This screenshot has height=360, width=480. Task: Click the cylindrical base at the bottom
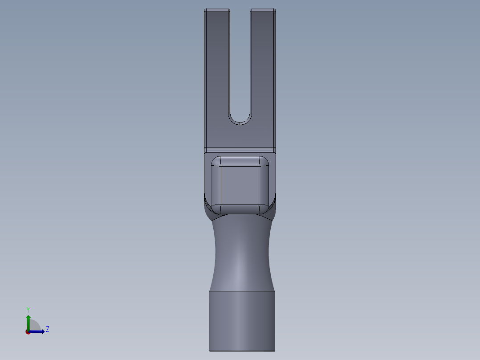coord(242,321)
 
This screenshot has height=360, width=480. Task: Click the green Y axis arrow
coord(28,320)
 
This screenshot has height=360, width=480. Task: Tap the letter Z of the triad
coord(47,329)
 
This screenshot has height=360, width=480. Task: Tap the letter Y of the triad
coord(28,309)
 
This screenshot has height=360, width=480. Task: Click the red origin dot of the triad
coord(28,332)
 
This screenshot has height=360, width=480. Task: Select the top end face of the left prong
coord(217,10)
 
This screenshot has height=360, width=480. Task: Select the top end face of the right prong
coord(263,10)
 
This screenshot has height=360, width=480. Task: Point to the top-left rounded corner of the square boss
coord(216,161)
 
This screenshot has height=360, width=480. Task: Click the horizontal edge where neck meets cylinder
coord(242,291)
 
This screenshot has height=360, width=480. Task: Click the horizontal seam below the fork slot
coord(240,148)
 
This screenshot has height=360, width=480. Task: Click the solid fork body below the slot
coord(240,136)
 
